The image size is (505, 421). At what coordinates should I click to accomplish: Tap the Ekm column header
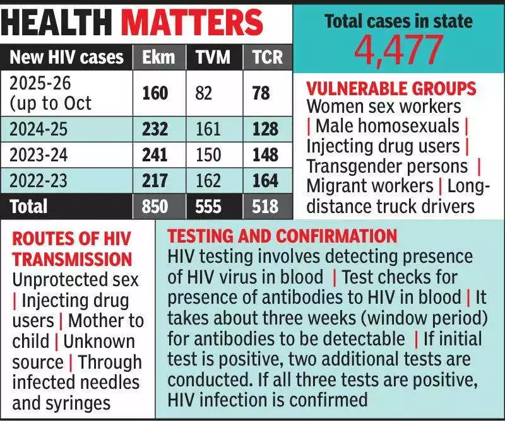click(155, 57)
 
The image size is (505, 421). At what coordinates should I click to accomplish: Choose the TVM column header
click(211, 57)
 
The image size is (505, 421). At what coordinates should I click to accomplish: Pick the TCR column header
click(266, 57)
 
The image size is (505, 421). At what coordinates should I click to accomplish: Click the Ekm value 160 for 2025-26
click(155, 93)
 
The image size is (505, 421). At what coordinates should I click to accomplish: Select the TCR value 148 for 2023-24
click(266, 155)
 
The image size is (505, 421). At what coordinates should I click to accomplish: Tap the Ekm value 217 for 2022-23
click(155, 181)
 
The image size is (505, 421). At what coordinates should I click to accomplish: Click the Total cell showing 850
click(155, 207)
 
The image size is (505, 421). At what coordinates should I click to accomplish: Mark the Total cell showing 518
click(266, 207)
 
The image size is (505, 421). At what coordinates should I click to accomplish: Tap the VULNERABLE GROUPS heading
click(391, 88)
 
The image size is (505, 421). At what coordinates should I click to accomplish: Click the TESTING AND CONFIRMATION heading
click(282, 236)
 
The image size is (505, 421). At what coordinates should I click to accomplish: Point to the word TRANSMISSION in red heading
click(72, 259)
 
